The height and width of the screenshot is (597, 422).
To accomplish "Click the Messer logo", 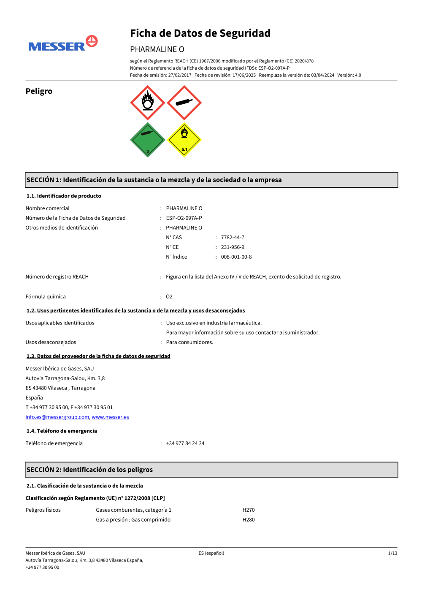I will (x=63, y=44).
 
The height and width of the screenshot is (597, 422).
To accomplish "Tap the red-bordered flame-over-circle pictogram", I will (x=148, y=103).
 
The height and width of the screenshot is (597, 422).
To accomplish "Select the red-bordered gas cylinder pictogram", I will (x=184, y=103).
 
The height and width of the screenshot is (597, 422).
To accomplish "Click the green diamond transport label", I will (x=148, y=140).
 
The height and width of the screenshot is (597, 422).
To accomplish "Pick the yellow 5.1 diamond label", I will (x=184, y=140).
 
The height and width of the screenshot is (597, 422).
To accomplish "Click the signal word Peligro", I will (x=39, y=91).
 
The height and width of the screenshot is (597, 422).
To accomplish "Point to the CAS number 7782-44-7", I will (x=233, y=238).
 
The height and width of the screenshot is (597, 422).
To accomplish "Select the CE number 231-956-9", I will (x=233, y=247).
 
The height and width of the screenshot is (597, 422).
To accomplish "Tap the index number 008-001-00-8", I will (x=236, y=257).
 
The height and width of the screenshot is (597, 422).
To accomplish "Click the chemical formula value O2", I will (x=169, y=297).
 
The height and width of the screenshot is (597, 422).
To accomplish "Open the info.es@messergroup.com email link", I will (x=57, y=417).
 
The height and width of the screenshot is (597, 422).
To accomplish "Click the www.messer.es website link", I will (x=111, y=417).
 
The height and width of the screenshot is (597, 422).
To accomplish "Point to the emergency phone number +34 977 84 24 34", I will (x=185, y=443).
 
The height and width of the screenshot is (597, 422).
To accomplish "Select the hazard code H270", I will (x=249, y=510).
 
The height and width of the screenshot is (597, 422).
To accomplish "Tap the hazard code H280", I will (x=249, y=520).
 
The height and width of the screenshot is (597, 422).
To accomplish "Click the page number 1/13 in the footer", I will (x=392, y=553).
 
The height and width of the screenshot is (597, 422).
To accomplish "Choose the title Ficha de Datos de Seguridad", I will (x=200, y=33).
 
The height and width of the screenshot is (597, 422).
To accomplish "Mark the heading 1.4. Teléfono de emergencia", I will (x=62, y=431).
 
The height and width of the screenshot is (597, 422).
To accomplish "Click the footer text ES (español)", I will (x=211, y=553).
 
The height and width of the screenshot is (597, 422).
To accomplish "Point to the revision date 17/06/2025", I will (x=244, y=75).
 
